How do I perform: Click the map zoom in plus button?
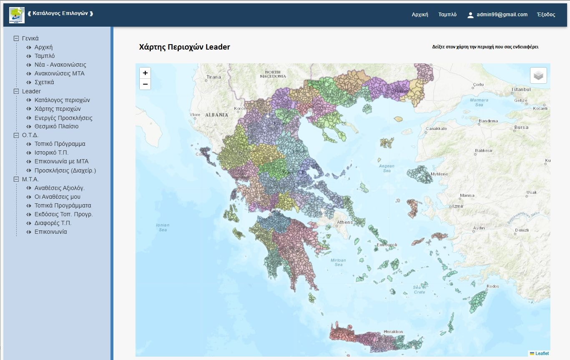pyautogui.click(x=145, y=73)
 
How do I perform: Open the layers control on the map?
pyautogui.click(x=538, y=75)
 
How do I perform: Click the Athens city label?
pyautogui.click(x=345, y=222)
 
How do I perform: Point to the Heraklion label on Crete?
pyautogui.click(x=393, y=332)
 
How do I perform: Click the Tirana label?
pyautogui.click(x=214, y=77)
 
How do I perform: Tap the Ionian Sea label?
pyautogui.click(x=163, y=227)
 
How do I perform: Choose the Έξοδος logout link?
pyautogui.click(x=546, y=15)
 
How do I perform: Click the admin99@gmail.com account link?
pyautogui.click(x=502, y=15)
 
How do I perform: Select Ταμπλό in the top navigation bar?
pyautogui.click(x=447, y=15)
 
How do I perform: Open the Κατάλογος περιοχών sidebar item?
pyautogui.click(x=62, y=100)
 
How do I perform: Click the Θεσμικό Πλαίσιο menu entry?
pyautogui.click(x=56, y=126)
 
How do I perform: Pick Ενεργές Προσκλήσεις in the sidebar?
pyautogui.click(x=63, y=118)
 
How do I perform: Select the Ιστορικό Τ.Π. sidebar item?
pyautogui.click(x=51, y=152)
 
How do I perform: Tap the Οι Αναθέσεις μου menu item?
pyautogui.click(x=58, y=197)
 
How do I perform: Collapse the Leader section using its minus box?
pyautogui.click(x=16, y=91)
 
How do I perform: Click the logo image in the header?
pyautogui.click(x=17, y=15)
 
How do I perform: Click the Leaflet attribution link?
pyautogui.click(x=542, y=353)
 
